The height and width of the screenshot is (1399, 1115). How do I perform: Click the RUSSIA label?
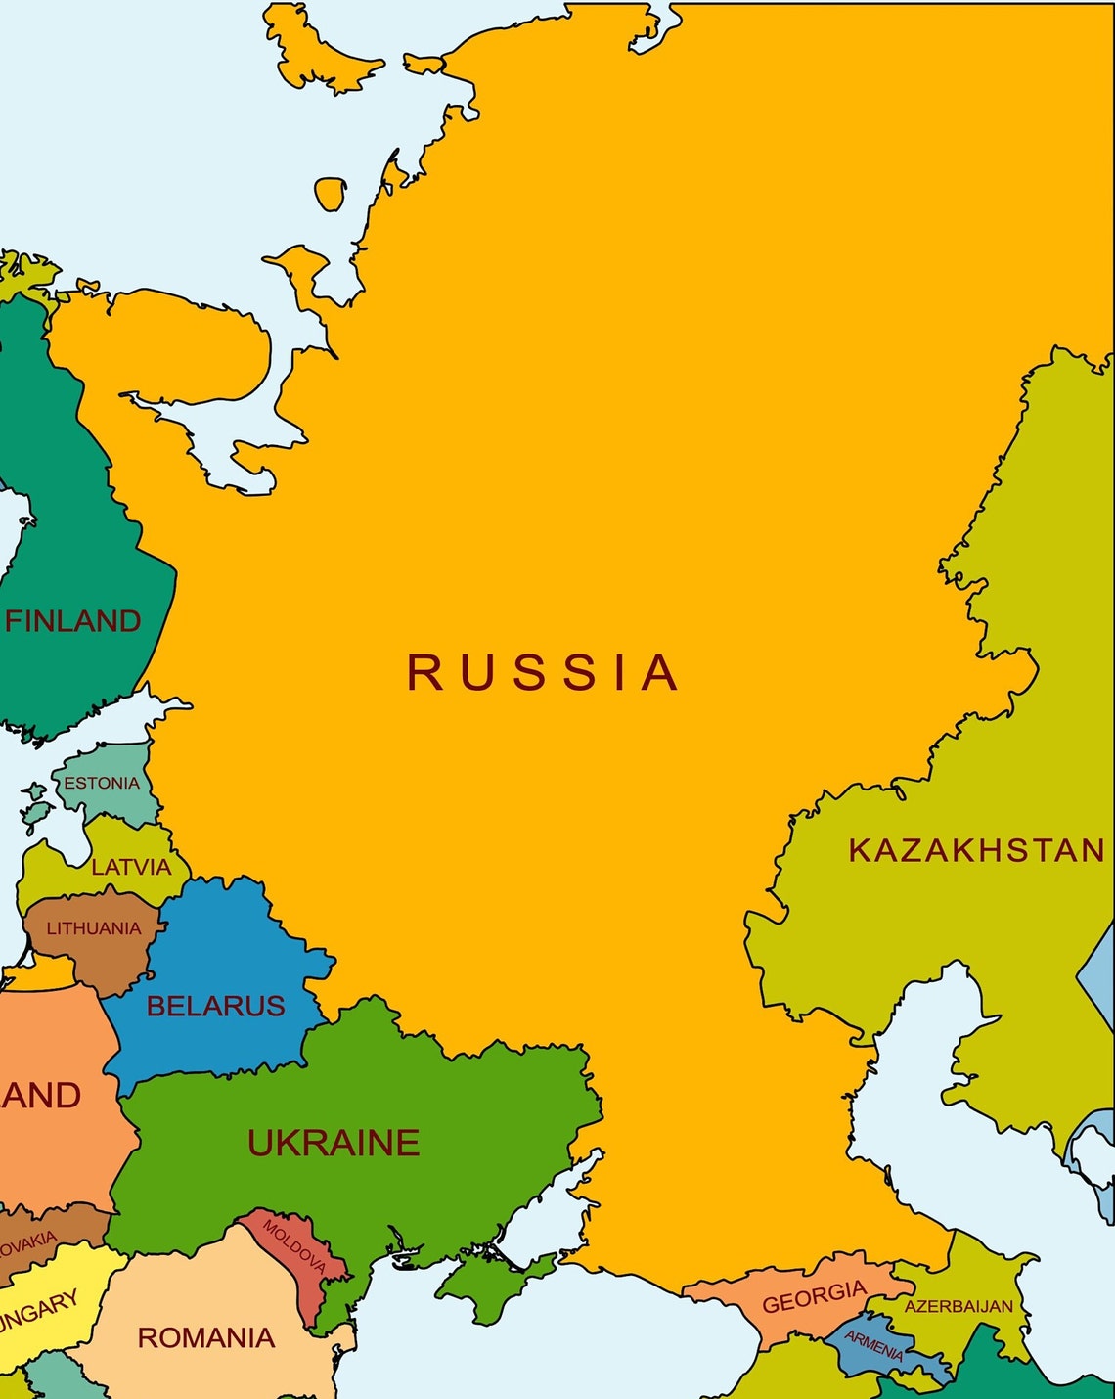543,672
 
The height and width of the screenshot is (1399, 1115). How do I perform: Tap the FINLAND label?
73,621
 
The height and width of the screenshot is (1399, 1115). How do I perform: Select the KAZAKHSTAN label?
976,850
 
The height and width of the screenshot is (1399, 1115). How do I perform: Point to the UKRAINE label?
334,1143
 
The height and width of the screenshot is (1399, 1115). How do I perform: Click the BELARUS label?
215,1006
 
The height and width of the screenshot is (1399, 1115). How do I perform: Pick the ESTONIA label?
102,783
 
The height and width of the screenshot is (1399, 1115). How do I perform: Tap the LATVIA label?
131,867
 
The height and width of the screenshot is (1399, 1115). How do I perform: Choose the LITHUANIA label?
94,928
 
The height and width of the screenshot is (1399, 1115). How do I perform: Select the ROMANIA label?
205,1337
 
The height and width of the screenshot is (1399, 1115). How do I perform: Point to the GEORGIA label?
814,1297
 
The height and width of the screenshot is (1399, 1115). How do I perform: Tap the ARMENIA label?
873,1347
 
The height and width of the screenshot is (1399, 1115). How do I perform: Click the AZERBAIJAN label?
959,1306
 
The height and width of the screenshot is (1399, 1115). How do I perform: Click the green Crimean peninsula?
484,1282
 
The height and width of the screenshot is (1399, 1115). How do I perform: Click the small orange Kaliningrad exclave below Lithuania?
44,974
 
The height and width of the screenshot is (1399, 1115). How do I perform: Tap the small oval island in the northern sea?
331,193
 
